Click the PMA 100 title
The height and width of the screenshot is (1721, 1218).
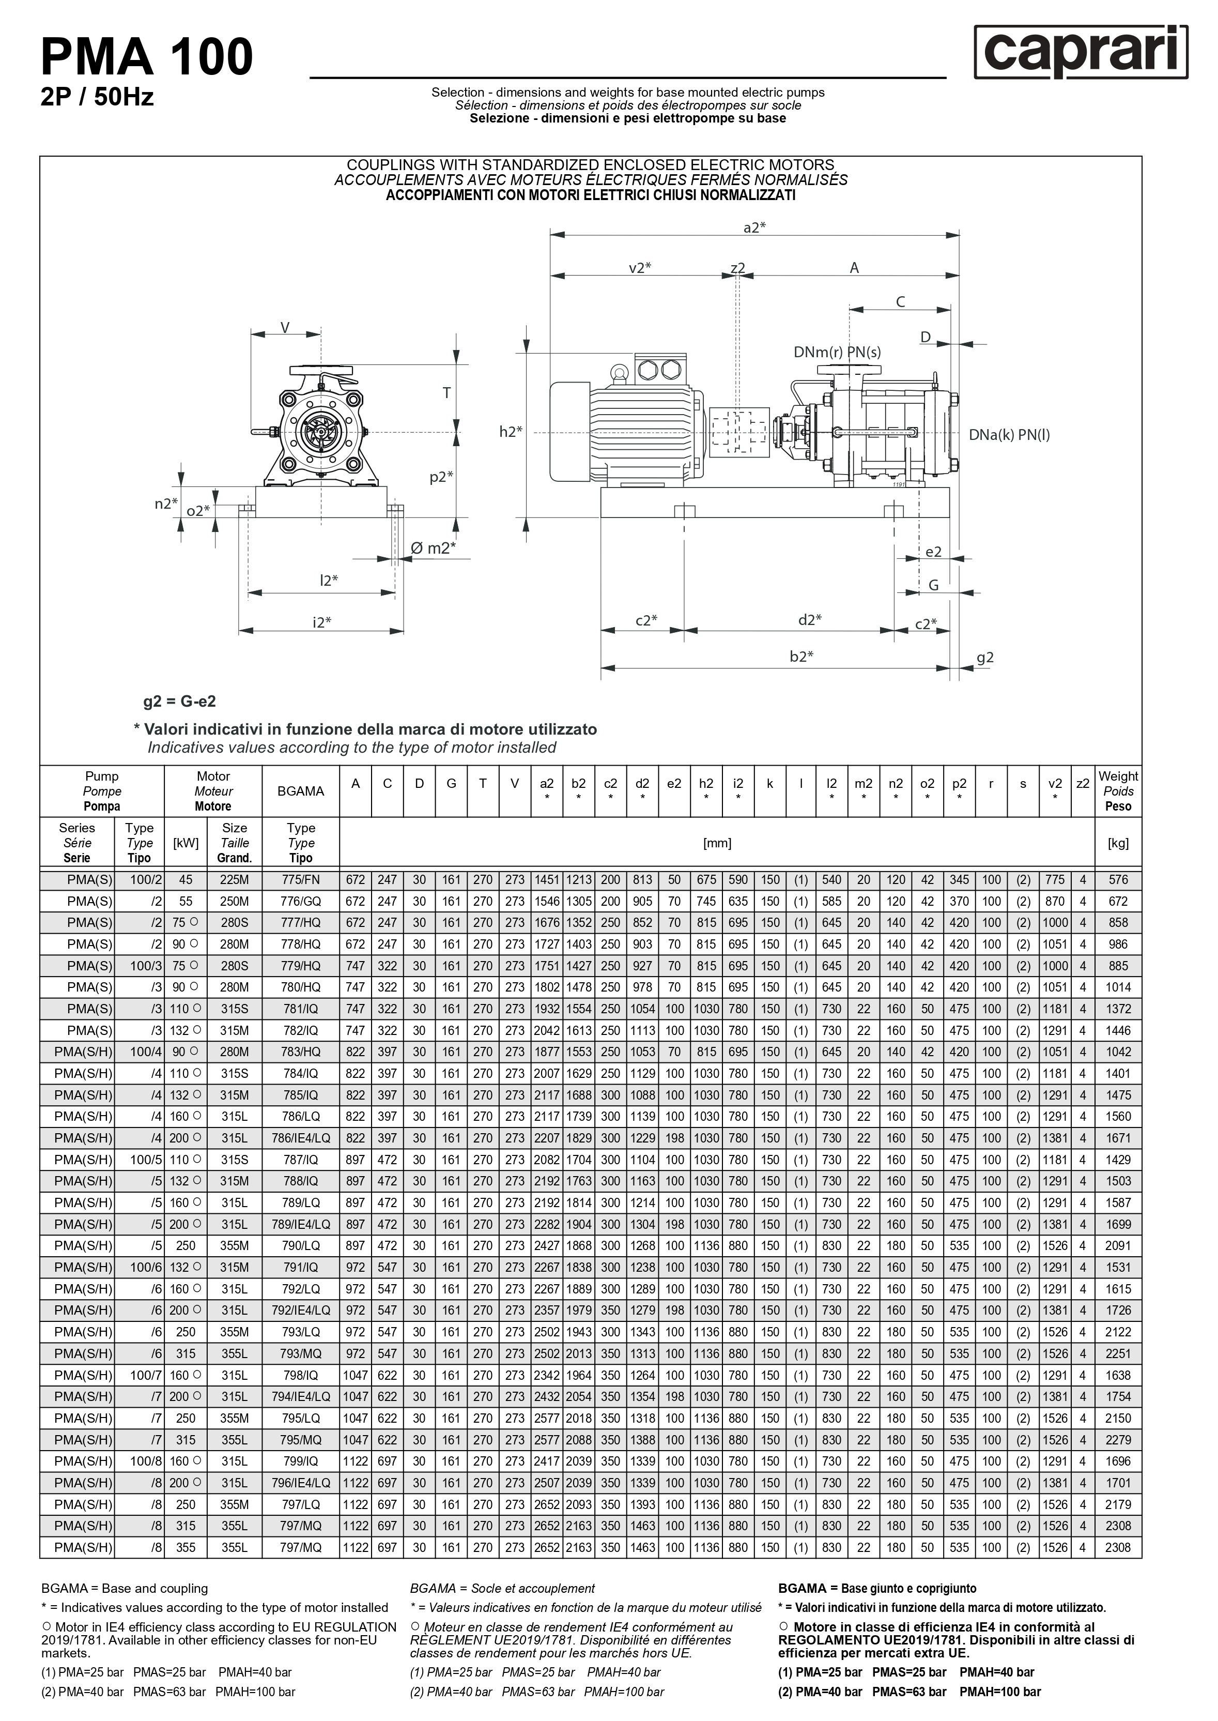[147, 58]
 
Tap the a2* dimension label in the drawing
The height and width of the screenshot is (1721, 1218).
[754, 227]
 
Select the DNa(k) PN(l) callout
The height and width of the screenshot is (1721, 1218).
[1009, 435]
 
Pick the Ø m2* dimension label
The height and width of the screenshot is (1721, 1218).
[433, 549]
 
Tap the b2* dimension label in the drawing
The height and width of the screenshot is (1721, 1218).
[801, 657]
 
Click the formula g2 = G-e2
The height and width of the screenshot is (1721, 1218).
[179, 702]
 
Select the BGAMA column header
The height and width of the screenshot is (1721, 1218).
[300, 791]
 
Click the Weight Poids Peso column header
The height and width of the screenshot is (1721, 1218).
[1118, 791]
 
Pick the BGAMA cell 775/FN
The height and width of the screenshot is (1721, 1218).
[300, 879]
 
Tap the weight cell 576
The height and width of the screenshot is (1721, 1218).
[1118, 879]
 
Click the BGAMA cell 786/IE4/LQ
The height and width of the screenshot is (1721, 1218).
[300, 1138]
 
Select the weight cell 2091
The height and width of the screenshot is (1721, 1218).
[1118, 1246]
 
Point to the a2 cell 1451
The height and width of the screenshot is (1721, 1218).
[547, 879]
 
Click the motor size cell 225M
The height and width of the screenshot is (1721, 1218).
[234, 879]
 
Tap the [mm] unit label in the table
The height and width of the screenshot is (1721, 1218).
[717, 843]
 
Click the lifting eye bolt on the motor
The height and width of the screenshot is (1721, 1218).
[620, 371]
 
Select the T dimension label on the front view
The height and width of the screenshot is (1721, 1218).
[446, 392]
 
